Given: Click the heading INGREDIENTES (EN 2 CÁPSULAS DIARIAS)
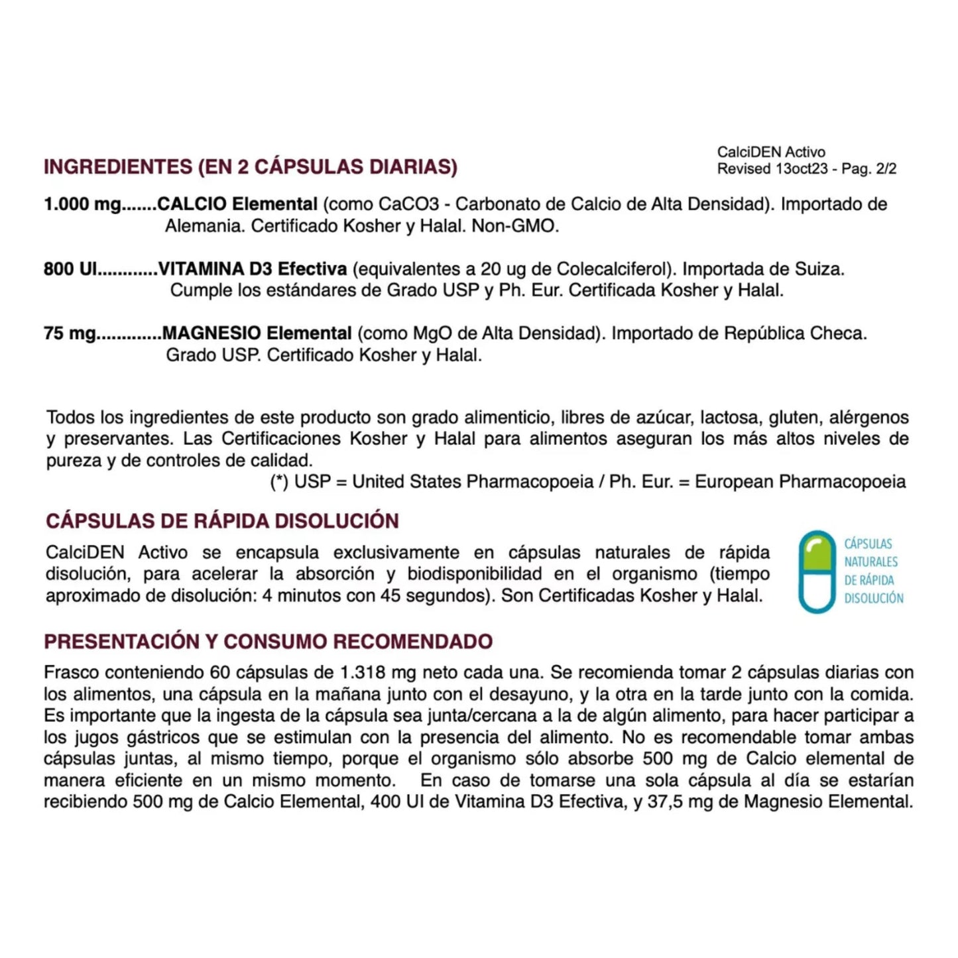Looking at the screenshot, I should (251, 166).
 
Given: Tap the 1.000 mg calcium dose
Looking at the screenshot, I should (82, 204).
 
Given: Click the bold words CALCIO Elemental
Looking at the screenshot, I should (237, 204).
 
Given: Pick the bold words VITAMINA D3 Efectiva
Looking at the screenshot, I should (253, 269).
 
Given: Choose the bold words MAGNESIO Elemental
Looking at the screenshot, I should (257, 333).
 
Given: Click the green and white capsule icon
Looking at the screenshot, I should (817, 571).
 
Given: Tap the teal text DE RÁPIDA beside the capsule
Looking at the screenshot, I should (868, 580).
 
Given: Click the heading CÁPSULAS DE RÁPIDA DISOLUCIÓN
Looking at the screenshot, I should (222, 521).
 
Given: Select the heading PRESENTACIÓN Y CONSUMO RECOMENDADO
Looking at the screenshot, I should (269, 642).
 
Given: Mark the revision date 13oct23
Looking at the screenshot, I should (801, 169).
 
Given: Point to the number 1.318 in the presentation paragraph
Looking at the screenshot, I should (362, 673).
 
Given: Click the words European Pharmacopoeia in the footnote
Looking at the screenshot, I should (800, 482).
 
